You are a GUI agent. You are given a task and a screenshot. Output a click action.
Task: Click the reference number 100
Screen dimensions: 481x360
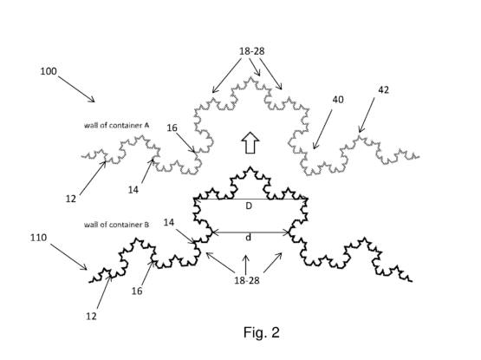coord(49,71)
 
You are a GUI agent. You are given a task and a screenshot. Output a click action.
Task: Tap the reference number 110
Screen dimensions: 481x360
coord(39,238)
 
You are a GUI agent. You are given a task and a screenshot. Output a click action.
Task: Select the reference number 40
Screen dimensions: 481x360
coord(338,100)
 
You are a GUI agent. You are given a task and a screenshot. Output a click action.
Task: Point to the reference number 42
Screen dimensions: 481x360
coord(383,89)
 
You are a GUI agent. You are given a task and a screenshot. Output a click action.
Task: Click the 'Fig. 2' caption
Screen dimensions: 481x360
coord(262,332)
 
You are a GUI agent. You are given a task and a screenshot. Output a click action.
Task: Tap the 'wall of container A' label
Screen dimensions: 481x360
coord(117,125)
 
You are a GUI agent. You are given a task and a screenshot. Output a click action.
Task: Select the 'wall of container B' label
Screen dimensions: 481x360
coord(117,225)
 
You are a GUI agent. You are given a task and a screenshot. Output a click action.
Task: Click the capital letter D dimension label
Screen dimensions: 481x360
coord(249,206)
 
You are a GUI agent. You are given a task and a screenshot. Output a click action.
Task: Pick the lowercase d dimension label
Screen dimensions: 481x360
coord(249,237)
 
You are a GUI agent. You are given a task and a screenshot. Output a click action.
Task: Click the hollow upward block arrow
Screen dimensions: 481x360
coord(250,142)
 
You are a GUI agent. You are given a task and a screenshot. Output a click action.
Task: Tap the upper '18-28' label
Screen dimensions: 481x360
coord(252,51)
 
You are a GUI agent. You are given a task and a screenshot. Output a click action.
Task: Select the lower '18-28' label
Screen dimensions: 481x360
coord(247,280)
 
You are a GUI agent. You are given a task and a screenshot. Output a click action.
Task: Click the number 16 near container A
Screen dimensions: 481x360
coord(172,128)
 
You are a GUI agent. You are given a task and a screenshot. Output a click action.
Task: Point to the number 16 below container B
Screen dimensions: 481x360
coord(137,291)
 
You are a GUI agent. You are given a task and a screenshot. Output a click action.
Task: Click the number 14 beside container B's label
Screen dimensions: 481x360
coord(169,222)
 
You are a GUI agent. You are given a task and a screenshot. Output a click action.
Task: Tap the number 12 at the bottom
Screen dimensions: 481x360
coord(91,316)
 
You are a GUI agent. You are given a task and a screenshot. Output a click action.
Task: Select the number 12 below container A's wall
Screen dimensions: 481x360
coord(70,199)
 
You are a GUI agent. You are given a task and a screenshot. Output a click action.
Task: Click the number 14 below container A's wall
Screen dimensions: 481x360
coord(133,190)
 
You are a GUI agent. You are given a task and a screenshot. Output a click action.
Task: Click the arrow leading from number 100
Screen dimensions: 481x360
coord(76,89)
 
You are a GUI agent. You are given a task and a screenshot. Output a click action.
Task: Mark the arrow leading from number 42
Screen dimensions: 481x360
coord(367,115)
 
